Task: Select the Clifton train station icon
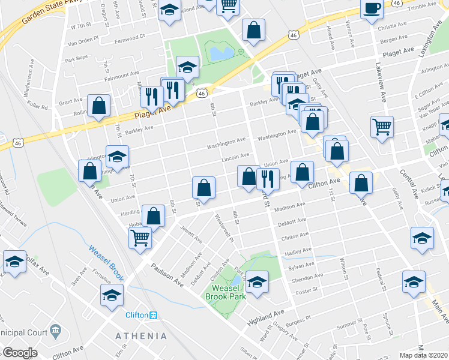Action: coord(153,315)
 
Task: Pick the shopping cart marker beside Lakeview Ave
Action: coord(382,127)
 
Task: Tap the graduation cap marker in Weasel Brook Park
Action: coord(257,282)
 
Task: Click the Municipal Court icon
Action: coord(56,329)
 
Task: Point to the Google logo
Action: coord(20,353)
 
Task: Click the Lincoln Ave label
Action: coord(235,156)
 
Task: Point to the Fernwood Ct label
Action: coord(130,37)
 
